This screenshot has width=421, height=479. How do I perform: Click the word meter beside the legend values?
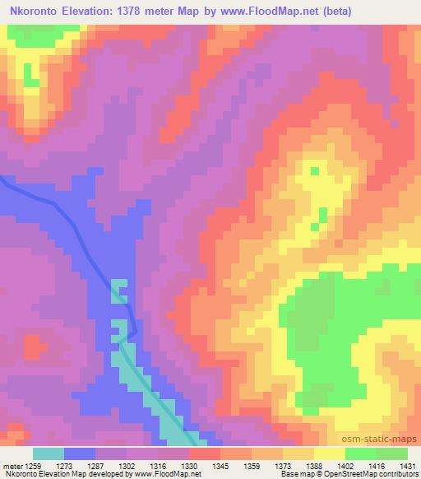[x=12, y=464]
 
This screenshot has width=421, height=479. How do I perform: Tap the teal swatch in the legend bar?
[x=49, y=453]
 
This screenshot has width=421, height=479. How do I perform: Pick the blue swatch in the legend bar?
[x=80, y=453]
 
